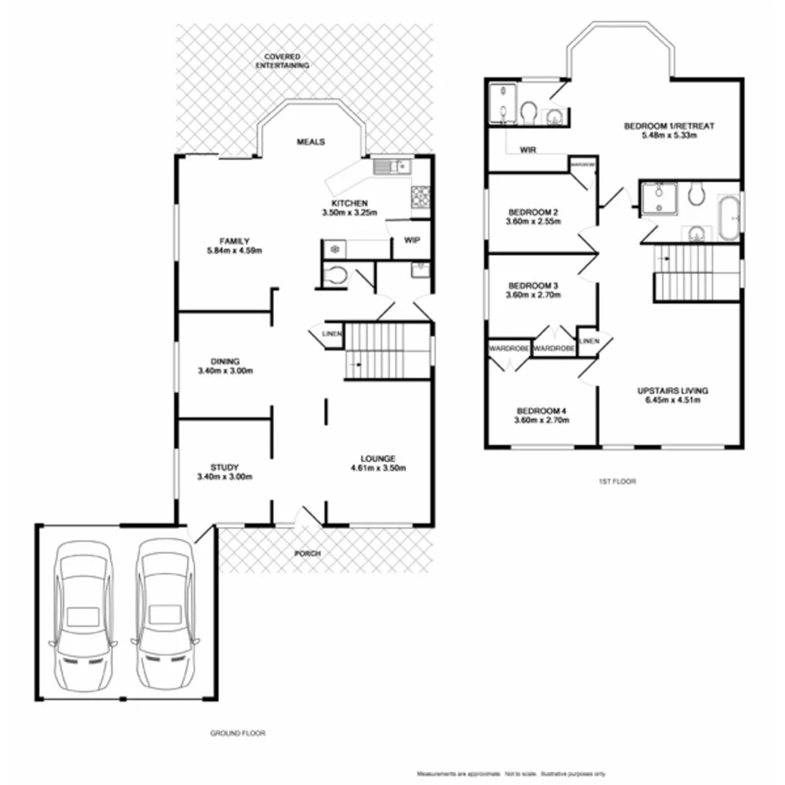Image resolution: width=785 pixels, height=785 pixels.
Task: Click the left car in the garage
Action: [x=82, y=615]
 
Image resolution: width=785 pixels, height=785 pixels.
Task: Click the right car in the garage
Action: [x=165, y=615]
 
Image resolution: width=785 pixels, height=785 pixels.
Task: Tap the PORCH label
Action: [x=307, y=553]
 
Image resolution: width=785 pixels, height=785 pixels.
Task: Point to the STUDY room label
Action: [x=225, y=467]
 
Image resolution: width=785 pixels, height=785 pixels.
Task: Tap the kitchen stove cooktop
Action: [x=420, y=198]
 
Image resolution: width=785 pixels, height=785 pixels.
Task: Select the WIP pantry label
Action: [x=412, y=240]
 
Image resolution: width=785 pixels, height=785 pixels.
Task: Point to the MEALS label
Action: [x=311, y=142]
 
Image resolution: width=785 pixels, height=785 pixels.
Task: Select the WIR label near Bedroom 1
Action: [x=529, y=150]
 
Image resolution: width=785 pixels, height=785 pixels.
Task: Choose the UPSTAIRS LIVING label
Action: [x=672, y=391]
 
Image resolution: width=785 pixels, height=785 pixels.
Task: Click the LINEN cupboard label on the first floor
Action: [x=590, y=340]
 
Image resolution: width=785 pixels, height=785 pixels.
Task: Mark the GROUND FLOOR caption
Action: [x=238, y=733]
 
